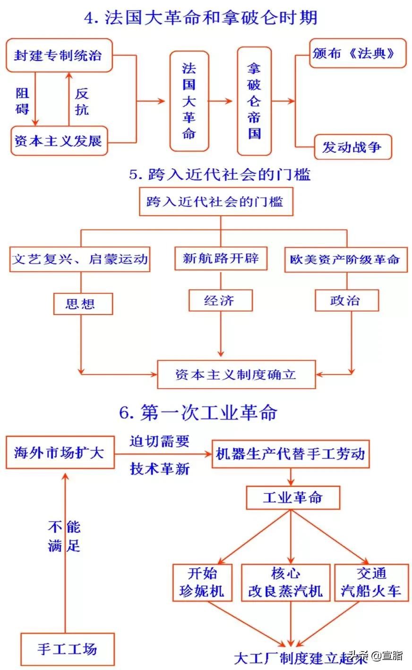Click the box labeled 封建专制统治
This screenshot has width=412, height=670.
pyautogui.click(x=59, y=56)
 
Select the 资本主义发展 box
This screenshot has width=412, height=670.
pyautogui.click(x=59, y=140)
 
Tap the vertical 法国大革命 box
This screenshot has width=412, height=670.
pyautogui.click(x=189, y=101)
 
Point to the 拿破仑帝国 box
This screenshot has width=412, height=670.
pyautogui.click(x=254, y=101)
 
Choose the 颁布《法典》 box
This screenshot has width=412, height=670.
pyautogui.click(x=358, y=53)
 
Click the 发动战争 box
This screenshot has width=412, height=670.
pyautogui.click(x=352, y=147)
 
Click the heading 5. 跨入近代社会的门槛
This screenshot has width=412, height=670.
pyautogui.click(x=220, y=174)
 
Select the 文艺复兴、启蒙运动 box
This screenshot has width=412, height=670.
pyautogui.click(x=80, y=259)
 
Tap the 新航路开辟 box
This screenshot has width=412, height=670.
pyautogui.click(x=221, y=258)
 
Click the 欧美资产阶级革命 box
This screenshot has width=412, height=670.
pyautogui.click(x=346, y=259)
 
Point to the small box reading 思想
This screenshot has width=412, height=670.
pyautogui.click(x=82, y=303)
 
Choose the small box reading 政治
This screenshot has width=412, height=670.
pyautogui.click(x=347, y=300)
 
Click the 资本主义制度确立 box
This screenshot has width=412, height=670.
pyautogui.click(x=236, y=374)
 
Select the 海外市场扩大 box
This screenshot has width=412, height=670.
pyautogui.click(x=60, y=452)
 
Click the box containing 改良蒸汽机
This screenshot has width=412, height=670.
pyautogui.click(x=285, y=582)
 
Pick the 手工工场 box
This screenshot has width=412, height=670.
pyautogui.click(x=67, y=649)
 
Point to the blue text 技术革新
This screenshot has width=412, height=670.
pyautogui.click(x=160, y=468)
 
